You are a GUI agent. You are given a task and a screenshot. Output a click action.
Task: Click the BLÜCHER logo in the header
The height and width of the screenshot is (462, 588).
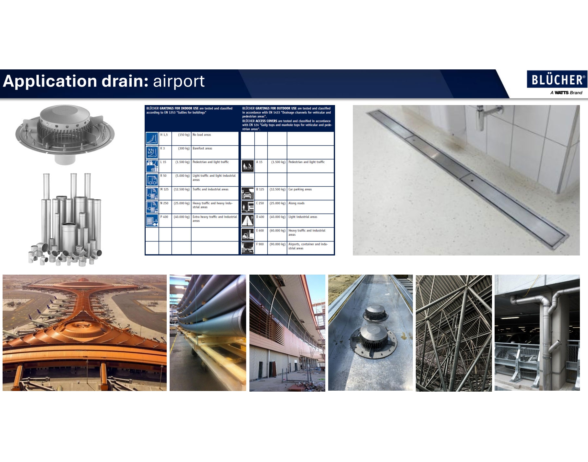click(x=557, y=79)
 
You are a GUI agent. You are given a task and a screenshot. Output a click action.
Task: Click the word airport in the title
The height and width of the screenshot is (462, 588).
click(x=179, y=81)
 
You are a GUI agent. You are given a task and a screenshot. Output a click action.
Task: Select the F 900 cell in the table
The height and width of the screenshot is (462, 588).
click(x=261, y=248)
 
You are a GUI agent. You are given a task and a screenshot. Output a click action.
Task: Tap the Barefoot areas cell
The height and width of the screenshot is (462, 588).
click(x=215, y=152)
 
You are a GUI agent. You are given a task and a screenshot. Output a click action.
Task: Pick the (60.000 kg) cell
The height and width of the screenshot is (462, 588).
click(x=277, y=234)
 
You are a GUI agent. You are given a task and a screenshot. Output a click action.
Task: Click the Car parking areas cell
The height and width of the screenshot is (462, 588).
click(x=310, y=193)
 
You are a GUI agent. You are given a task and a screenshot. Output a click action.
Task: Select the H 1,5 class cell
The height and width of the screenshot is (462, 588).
click(x=165, y=138)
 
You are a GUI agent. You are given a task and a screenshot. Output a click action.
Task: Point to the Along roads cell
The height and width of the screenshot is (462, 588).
click(x=310, y=207)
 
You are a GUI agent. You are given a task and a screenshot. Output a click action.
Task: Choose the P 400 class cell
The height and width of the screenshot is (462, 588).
click(x=165, y=220)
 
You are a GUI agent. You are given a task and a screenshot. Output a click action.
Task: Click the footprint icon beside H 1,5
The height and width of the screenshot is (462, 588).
click(x=152, y=138)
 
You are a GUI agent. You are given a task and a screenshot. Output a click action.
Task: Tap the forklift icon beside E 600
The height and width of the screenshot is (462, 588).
click(x=248, y=234)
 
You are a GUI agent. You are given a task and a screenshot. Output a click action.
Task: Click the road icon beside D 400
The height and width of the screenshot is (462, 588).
click(x=248, y=220)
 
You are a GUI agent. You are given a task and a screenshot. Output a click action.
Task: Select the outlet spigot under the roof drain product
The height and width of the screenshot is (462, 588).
click(x=65, y=159)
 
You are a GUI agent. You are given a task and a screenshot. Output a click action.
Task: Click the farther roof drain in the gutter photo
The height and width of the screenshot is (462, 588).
click(x=376, y=313)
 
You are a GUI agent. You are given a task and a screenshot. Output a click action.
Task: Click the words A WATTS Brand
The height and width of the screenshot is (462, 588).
click(x=566, y=93)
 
